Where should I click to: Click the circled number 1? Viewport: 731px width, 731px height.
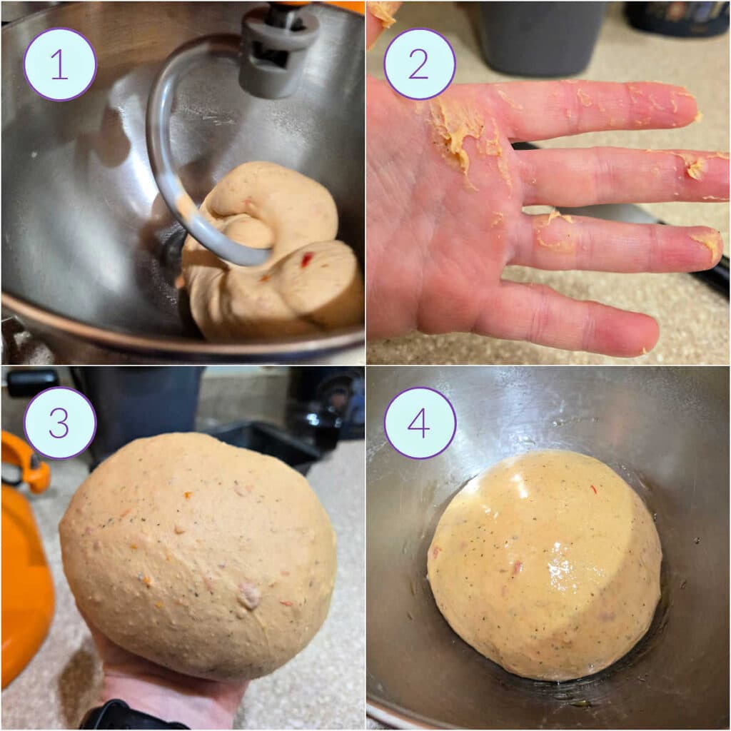point(60,64)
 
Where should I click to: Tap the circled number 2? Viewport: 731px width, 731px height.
point(420,64)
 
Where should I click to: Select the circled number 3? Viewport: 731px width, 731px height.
point(60,423)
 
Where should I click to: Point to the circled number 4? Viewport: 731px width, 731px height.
point(420,423)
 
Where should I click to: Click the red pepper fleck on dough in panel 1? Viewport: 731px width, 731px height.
point(306,260)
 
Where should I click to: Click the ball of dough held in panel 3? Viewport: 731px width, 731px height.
point(198,557)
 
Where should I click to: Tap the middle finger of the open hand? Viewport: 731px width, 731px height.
point(621,175)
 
